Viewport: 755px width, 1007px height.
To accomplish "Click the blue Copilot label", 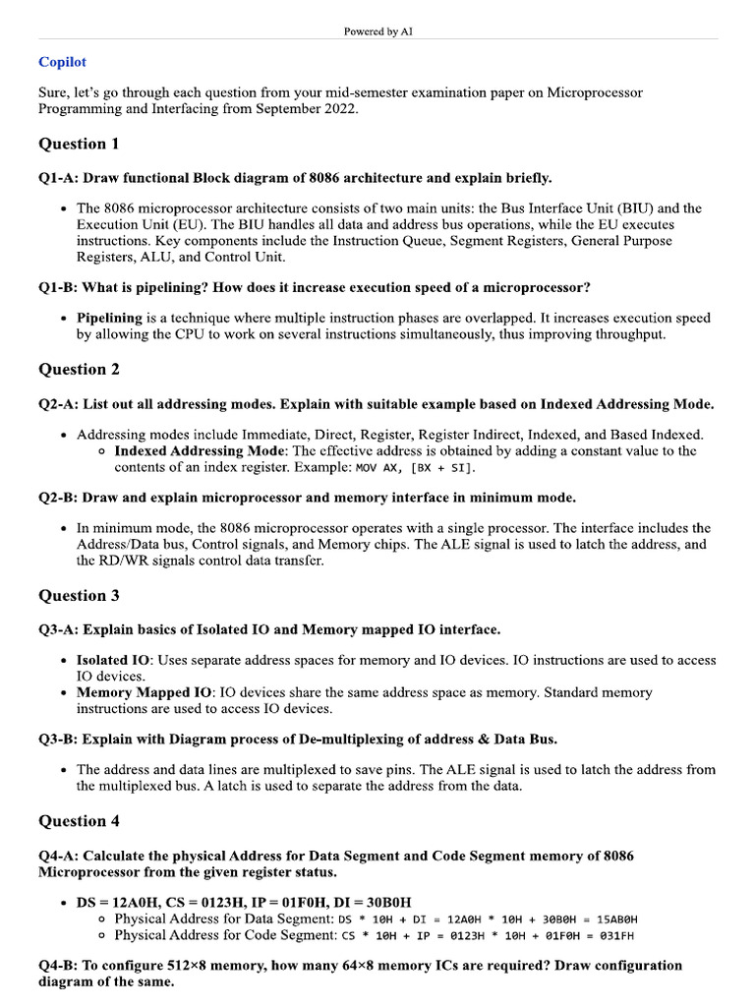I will pyautogui.click(x=62, y=62).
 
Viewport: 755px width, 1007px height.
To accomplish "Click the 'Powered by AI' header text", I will pyautogui.click(x=377, y=31).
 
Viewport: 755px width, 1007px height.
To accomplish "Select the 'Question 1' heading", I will pyautogui.click(x=79, y=144).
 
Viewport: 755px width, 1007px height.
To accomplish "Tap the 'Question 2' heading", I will pyautogui.click(x=79, y=370).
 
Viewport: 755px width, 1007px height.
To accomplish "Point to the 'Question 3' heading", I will pyautogui.click(x=79, y=595).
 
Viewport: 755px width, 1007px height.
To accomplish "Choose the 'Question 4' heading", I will pyautogui.click(x=79, y=821).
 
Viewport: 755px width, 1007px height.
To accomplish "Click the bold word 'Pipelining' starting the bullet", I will pyautogui.click(x=109, y=318).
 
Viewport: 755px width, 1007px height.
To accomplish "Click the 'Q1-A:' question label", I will pyautogui.click(x=58, y=178).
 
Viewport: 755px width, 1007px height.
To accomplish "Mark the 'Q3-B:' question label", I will pyautogui.click(x=58, y=739).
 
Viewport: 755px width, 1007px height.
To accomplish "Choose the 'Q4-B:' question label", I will pyautogui.click(x=58, y=965).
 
